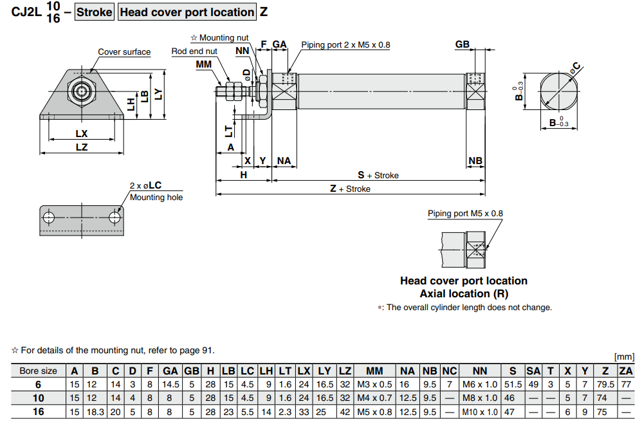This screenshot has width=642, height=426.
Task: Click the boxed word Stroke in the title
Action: [x=95, y=12]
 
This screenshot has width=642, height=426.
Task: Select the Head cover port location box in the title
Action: [x=187, y=12]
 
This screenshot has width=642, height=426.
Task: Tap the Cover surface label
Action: [x=124, y=52]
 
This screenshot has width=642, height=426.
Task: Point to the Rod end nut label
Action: [x=194, y=51]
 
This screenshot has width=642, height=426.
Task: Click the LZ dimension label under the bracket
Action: [x=81, y=147]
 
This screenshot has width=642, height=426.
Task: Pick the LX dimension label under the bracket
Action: [x=81, y=134]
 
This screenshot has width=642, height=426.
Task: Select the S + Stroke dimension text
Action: [x=378, y=175]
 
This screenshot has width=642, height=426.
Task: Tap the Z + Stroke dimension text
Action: [x=350, y=189]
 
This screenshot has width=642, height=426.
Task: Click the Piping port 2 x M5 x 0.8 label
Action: [x=345, y=45]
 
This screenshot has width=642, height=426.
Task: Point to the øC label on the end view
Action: [x=576, y=67]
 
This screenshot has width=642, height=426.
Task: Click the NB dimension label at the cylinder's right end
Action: [x=475, y=161]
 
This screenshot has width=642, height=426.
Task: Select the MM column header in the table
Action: [x=374, y=371]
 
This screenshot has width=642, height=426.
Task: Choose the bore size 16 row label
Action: [x=39, y=411]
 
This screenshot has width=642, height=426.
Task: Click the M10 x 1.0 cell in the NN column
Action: [x=480, y=411]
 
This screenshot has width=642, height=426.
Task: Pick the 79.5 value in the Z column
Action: [x=605, y=384]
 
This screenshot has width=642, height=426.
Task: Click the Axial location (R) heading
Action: [x=463, y=293]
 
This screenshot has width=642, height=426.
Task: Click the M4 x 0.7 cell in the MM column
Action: [x=374, y=398]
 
